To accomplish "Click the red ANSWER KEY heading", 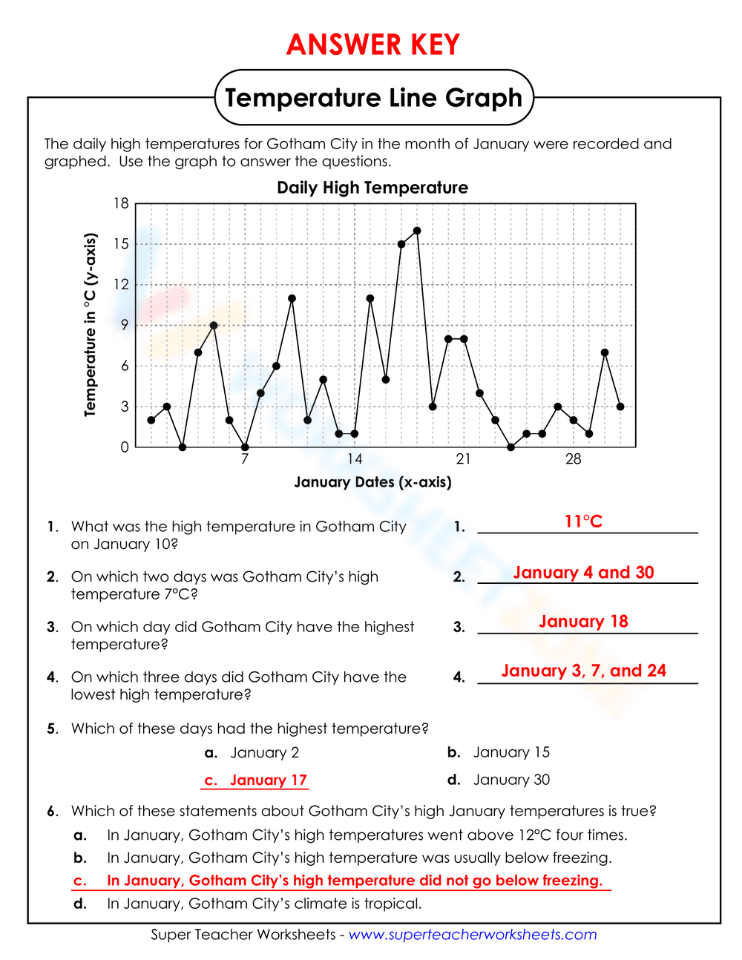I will pyautogui.click(x=373, y=45).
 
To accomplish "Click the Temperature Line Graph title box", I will pyautogui.click(x=374, y=98).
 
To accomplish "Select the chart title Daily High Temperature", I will pyautogui.click(x=372, y=188).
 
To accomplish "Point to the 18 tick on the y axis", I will pyautogui.click(x=121, y=203).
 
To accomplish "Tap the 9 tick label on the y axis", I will pyautogui.click(x=125, y=325).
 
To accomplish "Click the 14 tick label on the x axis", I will pyautogui.click(x=355, y=459).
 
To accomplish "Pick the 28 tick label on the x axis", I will pyautogui.click(x=574, y=459).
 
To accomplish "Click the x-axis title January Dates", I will pyautogui.click(x=372, y=482).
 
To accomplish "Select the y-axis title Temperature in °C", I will pyautogui.click(x=91, y=325).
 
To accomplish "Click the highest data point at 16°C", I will pyautogui.click(x=417, y=231).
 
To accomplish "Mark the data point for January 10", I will pyautogui.click(x=292, y=298).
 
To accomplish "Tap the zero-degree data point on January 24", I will pyautogui.click(x=510, y=447).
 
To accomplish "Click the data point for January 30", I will pyautogui.click(x=605, y=352).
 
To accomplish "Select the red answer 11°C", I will pyautogui.click(x=583, y=522).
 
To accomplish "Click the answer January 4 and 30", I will pyautogui.click(x=583, y=572).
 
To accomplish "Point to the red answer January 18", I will pyautogui.click(x=583, y=622).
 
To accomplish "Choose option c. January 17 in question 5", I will pyautogui.click(x=256, y=780).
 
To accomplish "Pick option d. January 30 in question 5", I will pyautogui.click(x=499, y=780).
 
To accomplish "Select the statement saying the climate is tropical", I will pyautogui.click(x=264, y=904).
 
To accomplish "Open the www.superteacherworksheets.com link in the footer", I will pyautogui.click(x=473, y=935).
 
